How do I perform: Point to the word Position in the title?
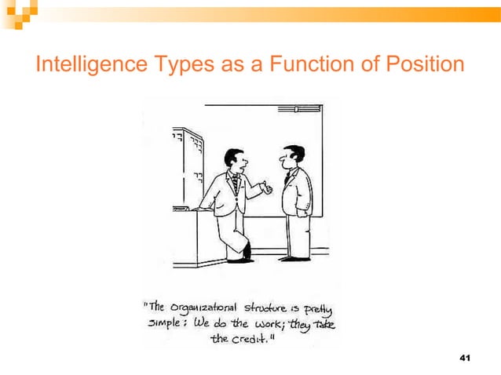pos(424,65)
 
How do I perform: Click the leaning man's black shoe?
pos(247,253)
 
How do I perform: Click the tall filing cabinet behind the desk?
pos(188,169)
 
